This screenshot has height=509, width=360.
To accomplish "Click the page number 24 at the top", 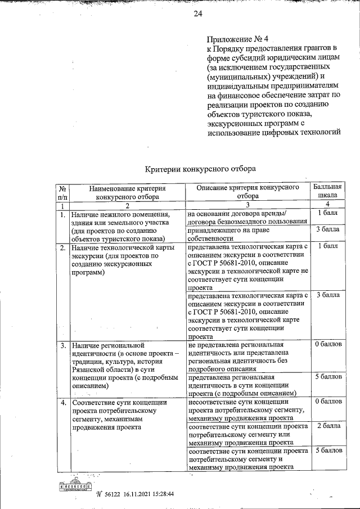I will click(x=197, y=15).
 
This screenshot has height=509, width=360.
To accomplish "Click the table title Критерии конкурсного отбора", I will click(x=200, y=168).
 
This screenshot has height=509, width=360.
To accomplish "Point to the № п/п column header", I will click(x=62, y=192).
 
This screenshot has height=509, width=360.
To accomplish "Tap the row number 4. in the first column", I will click(x=64, y=403).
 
